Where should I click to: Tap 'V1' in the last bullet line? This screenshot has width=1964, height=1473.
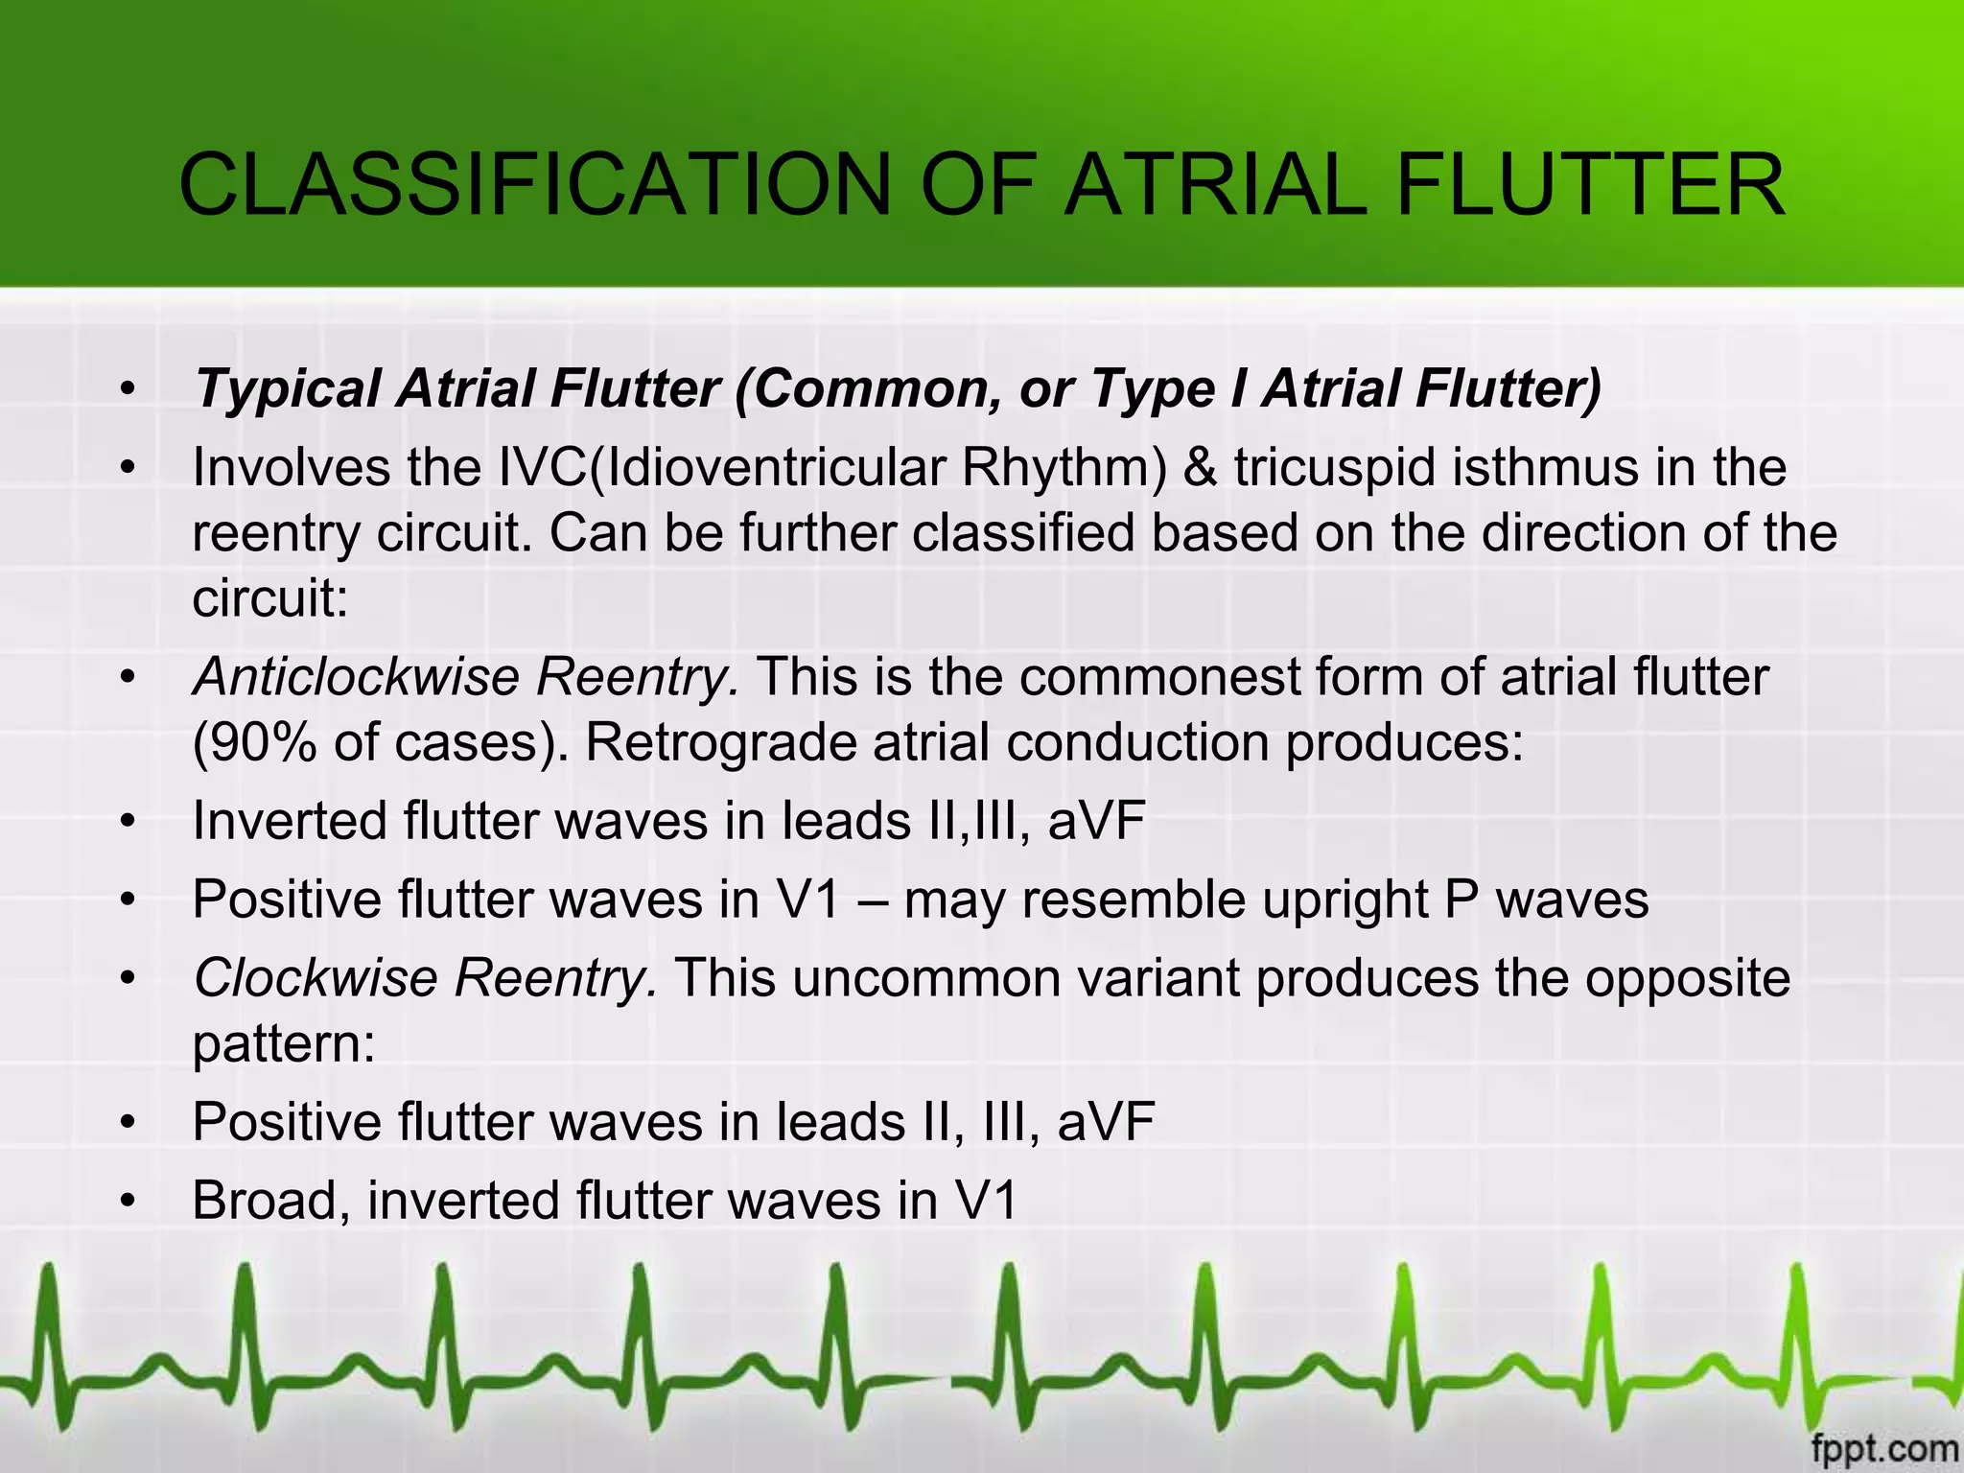(985, 1202)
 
